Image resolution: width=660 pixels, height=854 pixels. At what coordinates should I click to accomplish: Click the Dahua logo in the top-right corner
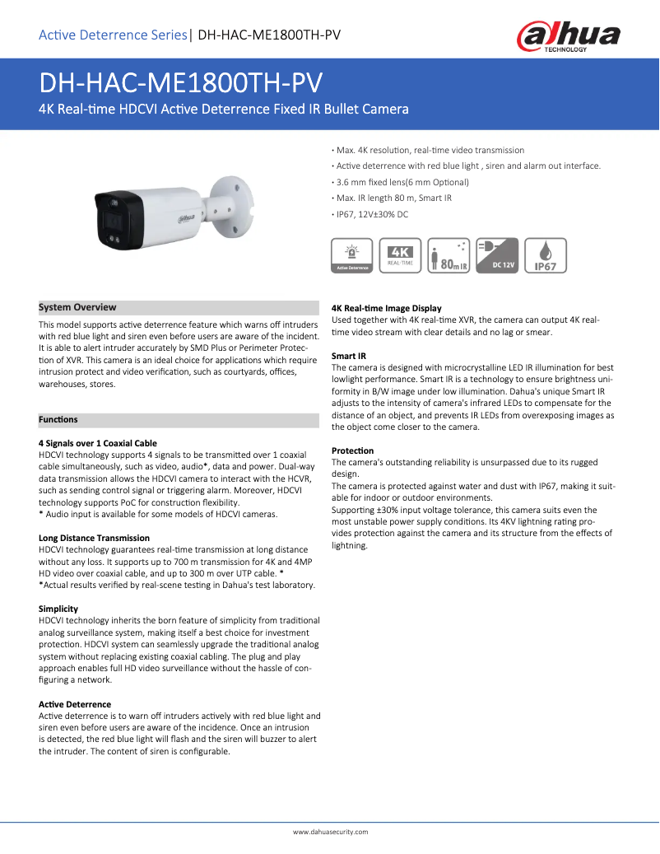coord(568,37)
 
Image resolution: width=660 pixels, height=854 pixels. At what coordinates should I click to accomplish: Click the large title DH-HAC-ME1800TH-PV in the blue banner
coord(180,83)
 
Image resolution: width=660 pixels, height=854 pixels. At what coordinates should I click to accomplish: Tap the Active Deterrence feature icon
coord(351,255)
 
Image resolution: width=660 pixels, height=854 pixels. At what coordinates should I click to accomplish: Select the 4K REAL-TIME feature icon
coord(401,255)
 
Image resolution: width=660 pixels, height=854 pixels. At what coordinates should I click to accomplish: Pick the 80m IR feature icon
coord(449,255)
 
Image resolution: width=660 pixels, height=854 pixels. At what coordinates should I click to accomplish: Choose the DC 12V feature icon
coord(498,255)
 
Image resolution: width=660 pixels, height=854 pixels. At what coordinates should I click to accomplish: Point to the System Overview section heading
coord(77,307)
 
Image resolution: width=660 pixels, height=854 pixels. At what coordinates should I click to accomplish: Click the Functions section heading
coord(58,420)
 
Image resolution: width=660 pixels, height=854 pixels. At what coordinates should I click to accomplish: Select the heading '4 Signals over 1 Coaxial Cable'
coord(98,443)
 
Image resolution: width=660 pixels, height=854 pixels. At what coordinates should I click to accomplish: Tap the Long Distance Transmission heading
coord(94,538)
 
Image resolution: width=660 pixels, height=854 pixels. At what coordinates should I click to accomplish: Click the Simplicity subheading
coord(58,609)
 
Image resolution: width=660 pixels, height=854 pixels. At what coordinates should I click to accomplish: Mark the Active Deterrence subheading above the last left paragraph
coord(75,704)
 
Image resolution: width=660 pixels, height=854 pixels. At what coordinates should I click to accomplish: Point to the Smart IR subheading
coord(348,356)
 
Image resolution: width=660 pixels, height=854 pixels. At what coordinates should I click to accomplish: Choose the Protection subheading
coord(352,450)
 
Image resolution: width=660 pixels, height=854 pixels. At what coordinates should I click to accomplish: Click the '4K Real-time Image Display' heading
coord(386,308)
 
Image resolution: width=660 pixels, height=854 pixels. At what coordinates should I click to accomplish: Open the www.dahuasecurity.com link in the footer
coord(330,832)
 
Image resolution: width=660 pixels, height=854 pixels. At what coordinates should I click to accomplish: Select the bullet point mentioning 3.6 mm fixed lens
coord(401,182)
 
